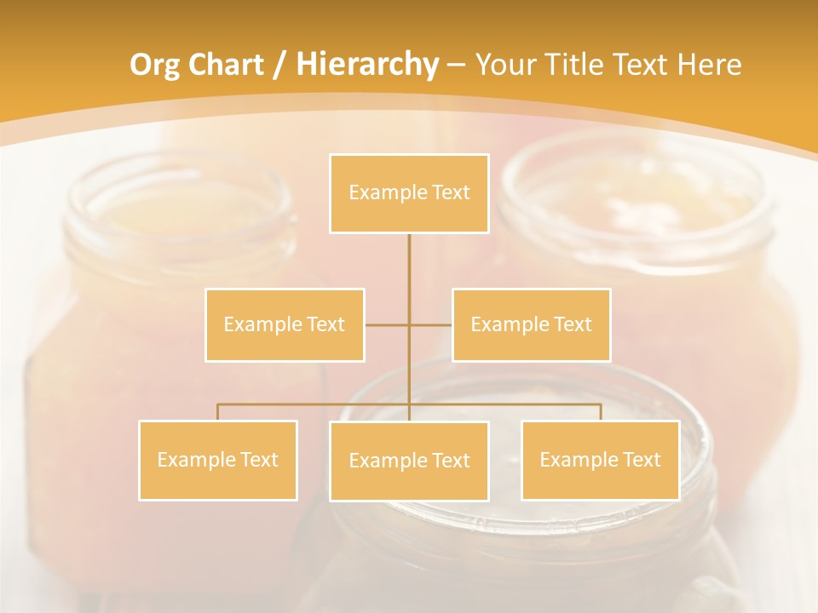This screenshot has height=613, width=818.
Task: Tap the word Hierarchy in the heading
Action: pyautogui.click(x=366, y=65)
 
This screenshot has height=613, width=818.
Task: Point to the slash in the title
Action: pyautogui.click(x=279, y=65)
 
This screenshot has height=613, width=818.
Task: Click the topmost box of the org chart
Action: pyautogui.click(x=409, y=193)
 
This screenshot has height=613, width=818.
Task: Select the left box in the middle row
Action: pyautogui.click(x=285, y=324)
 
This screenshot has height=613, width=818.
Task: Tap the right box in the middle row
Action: pyautogui.click(x=531, y=324)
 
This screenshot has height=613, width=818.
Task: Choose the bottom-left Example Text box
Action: pyautogui.click(x=218, y=460)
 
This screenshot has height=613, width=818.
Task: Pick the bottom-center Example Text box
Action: pyautogui.click(x=409, y=461)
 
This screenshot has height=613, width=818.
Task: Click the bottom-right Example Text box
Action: pyautogui.click(x=600, y=460)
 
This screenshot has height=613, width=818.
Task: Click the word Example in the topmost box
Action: pyautogui.click(x=388, y=192)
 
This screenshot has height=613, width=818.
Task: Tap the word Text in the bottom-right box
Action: pyautogui.click(x=641, y=460)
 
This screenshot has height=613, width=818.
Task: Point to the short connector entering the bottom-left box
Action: pyautogui.click(x=218, y=412)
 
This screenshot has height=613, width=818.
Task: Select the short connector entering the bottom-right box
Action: pyautogui.click(x=601, y=412)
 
